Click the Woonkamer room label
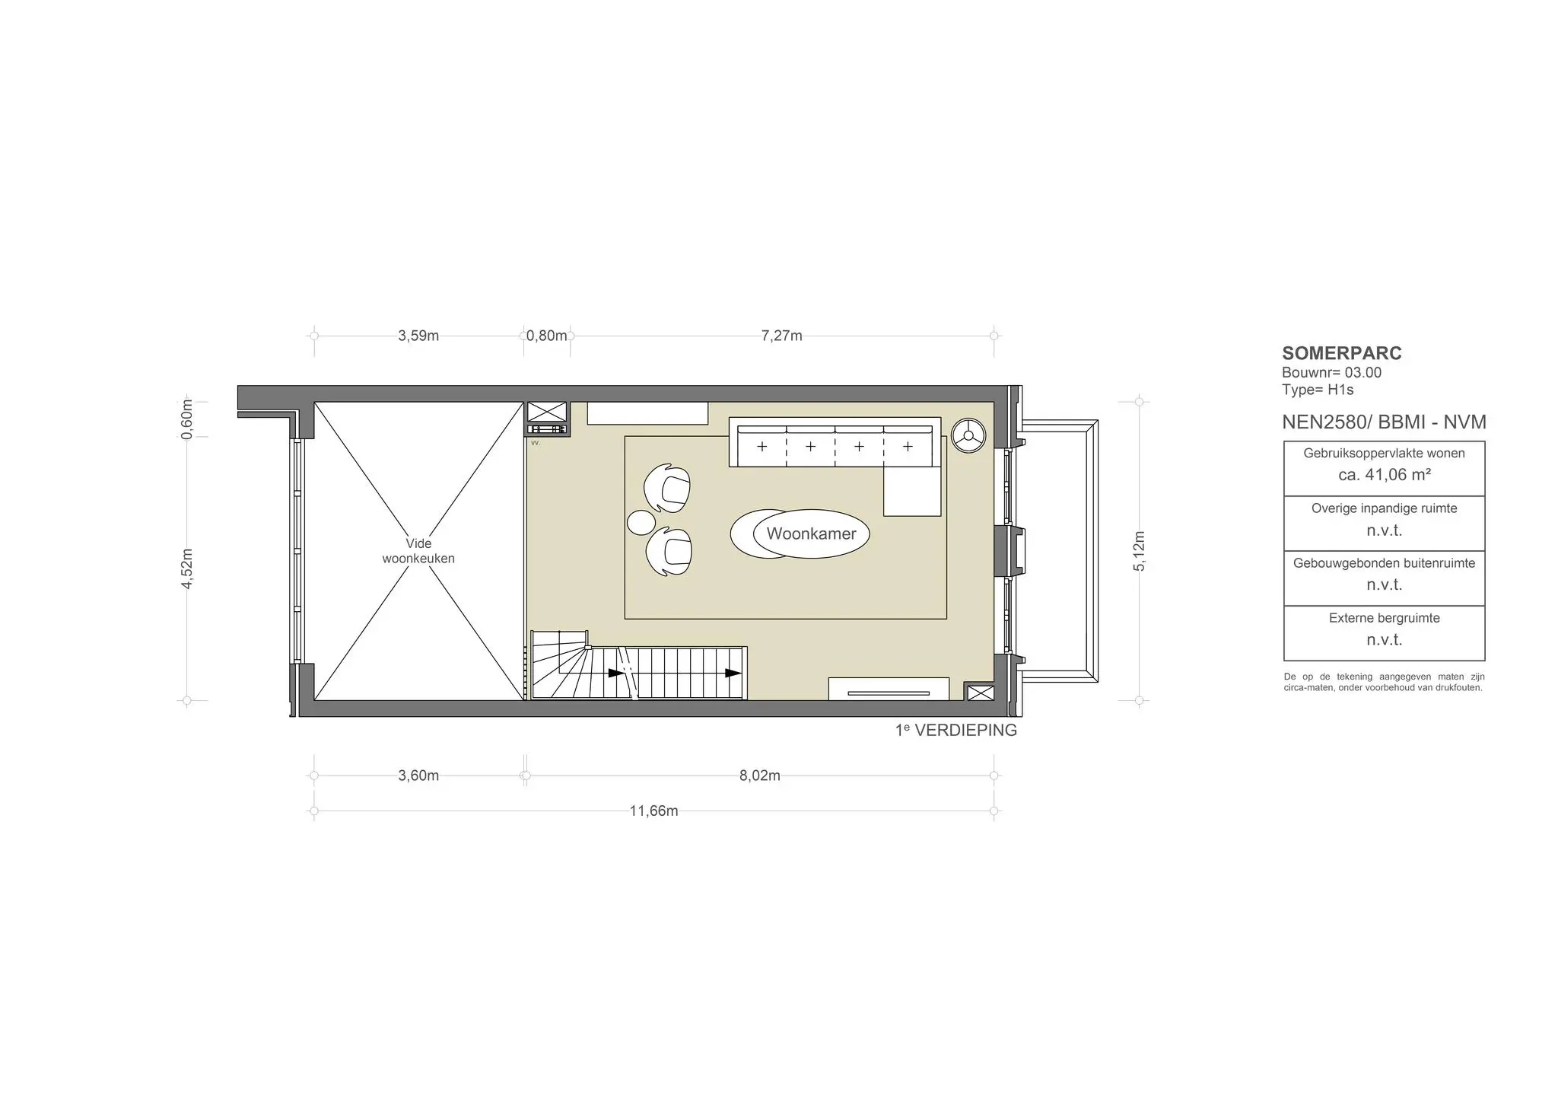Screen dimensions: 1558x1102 811,533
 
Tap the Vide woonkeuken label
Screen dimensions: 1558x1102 418,551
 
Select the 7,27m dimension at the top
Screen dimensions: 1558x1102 781,336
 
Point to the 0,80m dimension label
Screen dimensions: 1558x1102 547,336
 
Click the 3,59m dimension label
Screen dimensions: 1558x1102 418,336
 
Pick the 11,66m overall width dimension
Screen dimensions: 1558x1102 653,811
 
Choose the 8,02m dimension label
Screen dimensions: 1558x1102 760,776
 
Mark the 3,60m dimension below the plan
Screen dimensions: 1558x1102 418,776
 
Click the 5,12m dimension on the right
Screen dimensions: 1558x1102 1139,551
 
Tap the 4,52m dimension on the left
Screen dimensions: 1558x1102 187,568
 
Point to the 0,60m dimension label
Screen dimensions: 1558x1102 187,419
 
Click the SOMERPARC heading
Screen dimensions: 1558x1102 1342,353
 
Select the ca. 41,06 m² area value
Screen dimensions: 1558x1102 1385,475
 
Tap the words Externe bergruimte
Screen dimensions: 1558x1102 1385,618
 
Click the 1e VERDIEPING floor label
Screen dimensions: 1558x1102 956,730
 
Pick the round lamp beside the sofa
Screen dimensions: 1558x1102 968,435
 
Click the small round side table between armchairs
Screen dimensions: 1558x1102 641,522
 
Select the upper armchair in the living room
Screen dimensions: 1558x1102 668,487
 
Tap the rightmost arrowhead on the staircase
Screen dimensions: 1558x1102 733,673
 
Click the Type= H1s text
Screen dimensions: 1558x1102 1318,390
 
